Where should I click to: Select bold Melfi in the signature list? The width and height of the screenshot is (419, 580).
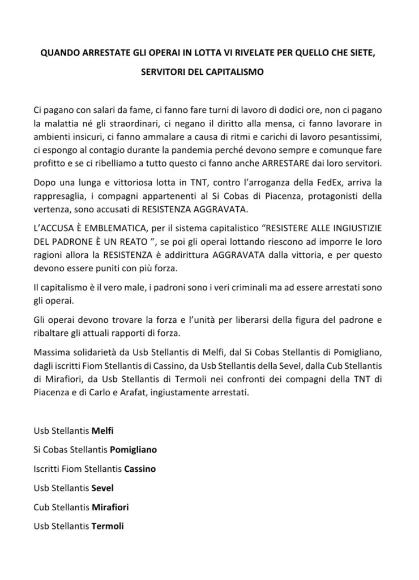[x=104, y=430]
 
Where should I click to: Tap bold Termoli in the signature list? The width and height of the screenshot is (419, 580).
[x=108, y=526]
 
